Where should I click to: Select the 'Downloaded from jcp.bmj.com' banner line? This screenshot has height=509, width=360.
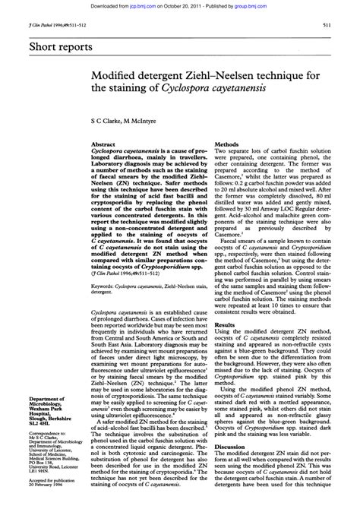[179, 5]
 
